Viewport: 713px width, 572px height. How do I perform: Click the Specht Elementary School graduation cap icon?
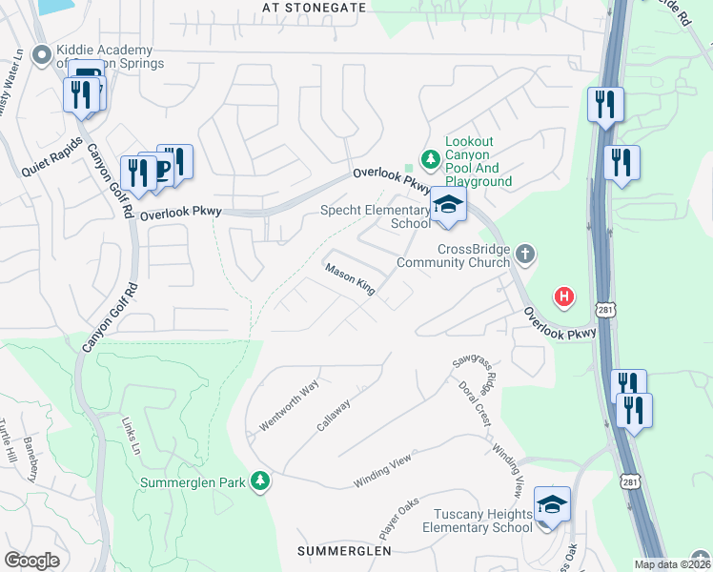447,204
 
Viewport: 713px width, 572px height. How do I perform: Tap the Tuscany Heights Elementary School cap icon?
552,503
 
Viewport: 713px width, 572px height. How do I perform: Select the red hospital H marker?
564,297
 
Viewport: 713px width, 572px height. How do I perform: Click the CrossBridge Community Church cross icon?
524,255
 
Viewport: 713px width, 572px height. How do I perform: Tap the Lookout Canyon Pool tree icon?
431,159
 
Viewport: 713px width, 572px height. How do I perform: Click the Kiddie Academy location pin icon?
41,57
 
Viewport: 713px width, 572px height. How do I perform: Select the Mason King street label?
350,279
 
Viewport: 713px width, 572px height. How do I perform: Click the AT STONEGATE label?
314,7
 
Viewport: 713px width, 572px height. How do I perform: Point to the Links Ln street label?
131,435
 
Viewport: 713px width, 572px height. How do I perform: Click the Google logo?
31,561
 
